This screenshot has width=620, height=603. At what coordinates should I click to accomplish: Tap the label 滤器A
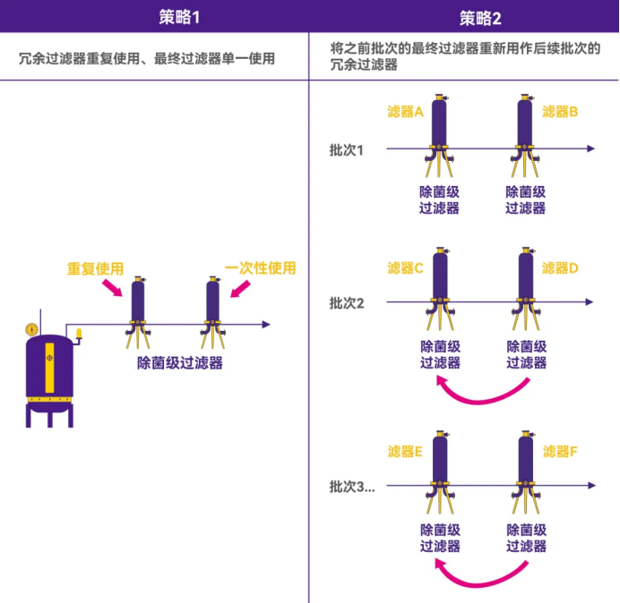(x=405, y=112)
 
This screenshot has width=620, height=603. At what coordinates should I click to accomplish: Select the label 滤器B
(x=561, y=112)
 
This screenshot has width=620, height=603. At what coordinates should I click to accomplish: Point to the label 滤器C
(x=405, y=268)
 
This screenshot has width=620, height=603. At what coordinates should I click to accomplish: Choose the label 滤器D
(x=561, y=268)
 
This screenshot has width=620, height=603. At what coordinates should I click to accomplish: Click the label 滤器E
(x=405, y=452)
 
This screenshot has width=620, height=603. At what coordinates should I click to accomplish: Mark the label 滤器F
(x=561, y=452)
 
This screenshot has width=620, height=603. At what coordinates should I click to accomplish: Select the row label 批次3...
(x=351, y=487)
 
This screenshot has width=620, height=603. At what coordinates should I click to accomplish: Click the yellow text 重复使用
(x=95, y=268)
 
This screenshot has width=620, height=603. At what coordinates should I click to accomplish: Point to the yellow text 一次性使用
(x=260, y=268)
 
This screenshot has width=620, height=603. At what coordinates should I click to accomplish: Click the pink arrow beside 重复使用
(x=113, y=287)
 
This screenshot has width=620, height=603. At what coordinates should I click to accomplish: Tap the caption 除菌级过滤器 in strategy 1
(x=179, y=363)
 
